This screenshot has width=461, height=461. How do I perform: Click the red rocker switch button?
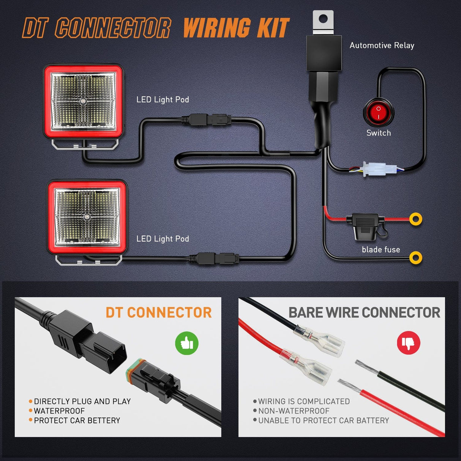click(379, 112)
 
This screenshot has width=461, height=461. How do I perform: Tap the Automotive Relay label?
click(382, 46)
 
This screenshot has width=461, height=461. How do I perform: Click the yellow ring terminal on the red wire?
click(416, 219)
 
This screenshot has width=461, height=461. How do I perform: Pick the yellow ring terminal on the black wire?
click(416, 258)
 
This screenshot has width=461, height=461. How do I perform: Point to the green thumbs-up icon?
click(186, 343)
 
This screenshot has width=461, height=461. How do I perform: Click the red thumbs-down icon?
click(408, 343)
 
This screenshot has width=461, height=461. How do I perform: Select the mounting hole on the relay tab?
click(323, 18)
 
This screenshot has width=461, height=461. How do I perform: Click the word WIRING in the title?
click(217, 28)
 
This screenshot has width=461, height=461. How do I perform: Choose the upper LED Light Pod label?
click(163, 99)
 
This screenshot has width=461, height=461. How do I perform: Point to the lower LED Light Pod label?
click(163, 239)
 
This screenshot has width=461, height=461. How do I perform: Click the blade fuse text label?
click(380, 249)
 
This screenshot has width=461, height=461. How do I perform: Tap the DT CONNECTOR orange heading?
click(158, 313)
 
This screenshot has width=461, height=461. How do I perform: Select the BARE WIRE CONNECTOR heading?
click(364, 313)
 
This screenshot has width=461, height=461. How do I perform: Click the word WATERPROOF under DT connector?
click(59, 411)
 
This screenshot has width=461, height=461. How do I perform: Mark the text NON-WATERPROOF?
click(294, 411)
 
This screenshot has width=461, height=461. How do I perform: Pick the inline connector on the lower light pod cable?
click(214, 259)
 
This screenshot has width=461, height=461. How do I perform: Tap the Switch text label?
click(378, 133)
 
